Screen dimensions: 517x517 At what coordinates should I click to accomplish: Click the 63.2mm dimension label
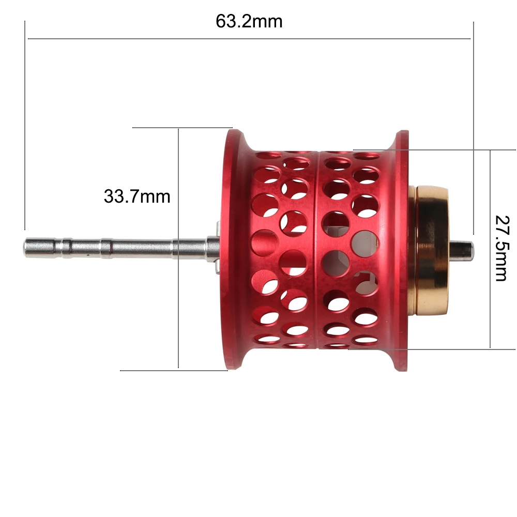tap(249, 21)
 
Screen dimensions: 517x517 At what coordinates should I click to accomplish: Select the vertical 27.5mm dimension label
tap(503, 248)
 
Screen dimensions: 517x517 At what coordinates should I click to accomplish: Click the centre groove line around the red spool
tap(317, 250)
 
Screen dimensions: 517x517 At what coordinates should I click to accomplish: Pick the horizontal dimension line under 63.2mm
tap(249, 39)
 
